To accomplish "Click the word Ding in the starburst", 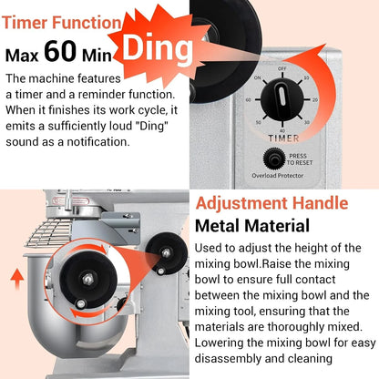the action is tap(158, 47).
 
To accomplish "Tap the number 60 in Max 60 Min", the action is tap(60, 51).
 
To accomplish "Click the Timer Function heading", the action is tap(62, 23).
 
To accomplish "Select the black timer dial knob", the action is tap(282, 100).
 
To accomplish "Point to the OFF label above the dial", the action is tap(282, 68).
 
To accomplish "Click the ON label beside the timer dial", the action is tap(258, 77).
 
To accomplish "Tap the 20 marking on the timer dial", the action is tap(315, 100).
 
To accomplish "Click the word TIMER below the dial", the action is tap(283, 138).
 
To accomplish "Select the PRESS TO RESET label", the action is tap(299, 159).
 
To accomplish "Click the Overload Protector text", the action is tap(278, 176).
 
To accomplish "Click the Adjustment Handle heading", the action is tap(271, 203).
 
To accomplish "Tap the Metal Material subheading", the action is tap(252, 226).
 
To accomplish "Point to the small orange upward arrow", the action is tap(17, 279).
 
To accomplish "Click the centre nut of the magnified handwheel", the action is tap(87, 279).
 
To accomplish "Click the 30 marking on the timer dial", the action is tap(307, 122).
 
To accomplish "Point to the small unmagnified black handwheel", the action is tap(166, 253).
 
